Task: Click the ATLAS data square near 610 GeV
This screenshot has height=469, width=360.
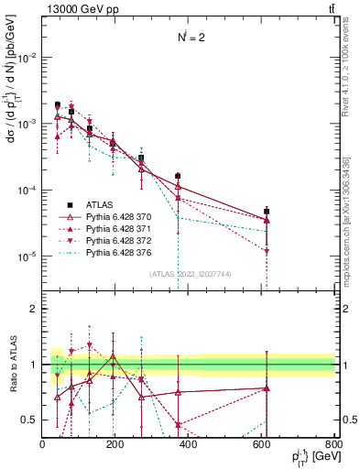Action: click(267, 212)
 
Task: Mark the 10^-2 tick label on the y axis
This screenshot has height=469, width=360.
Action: click(27, 57)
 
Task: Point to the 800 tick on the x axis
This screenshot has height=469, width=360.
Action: click(334, 443)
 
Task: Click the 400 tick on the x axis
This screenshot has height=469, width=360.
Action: click(189, 443)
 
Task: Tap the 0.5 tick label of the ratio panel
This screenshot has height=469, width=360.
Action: click(30, 420)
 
